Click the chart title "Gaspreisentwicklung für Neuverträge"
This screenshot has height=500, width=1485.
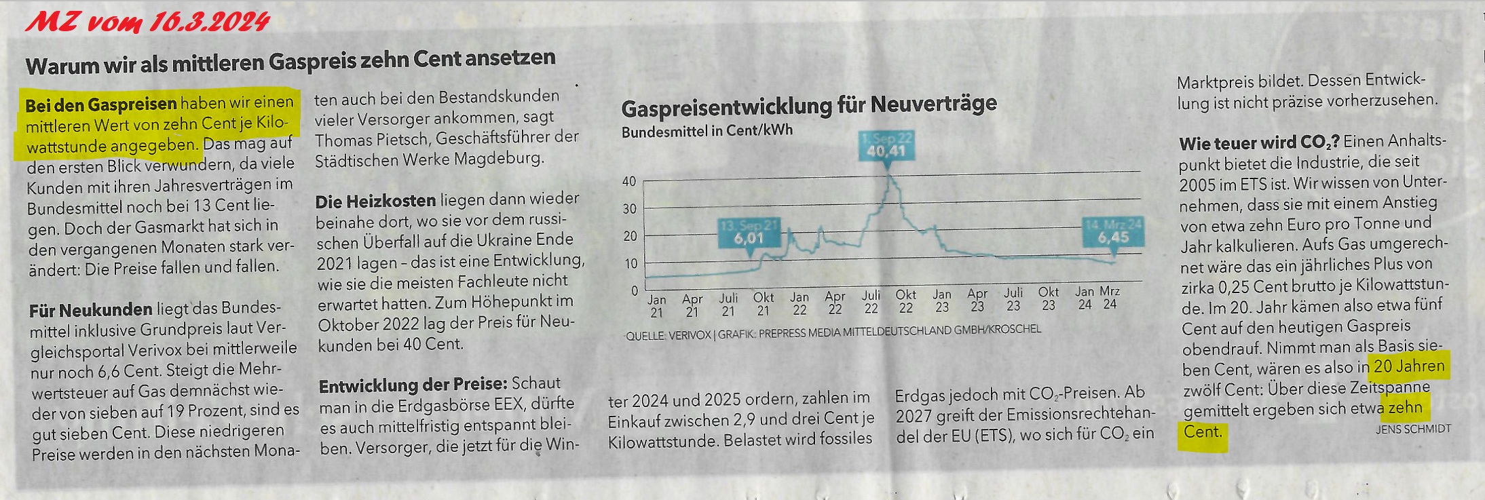pyautogui.click(x=808, y=106)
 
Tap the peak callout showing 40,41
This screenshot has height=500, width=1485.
pyautogui.click(x=886, y=146)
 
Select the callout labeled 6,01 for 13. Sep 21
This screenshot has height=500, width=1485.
pyautogui.click(x=749, y=233)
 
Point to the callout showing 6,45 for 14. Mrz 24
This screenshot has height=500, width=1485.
pyautogui.click(x=1113, y=231)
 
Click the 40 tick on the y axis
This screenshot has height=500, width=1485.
pyautogui.click(x=629, y=181)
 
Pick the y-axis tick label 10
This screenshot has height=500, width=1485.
pyautogui.click(x=629, y=263)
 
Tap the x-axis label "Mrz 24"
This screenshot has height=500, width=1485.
pyautogui.click(x=1110, y=298)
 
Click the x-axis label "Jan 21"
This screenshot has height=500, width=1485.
pyautogui.click(x=656, y=305)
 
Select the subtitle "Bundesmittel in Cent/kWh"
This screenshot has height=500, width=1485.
pyautogui.click(x=707, y=130)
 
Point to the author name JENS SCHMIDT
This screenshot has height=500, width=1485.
pyautogui.click(x=1413, y=429)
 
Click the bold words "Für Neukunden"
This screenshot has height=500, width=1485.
pyautogui.click(x=90, y=310)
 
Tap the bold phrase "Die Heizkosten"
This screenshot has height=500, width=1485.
pyautogui.click(x=375, y=201)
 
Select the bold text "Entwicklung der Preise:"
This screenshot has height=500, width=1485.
pyautogui.click(x=413, y=385)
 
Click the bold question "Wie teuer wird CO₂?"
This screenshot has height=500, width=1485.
pyautogui.click(x=1259, y=143)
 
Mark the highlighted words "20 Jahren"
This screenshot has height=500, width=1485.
pyautogui.click(x=1409, y=366)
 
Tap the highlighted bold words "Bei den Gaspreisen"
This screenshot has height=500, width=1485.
pyautogui.click(x=101, y=104)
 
